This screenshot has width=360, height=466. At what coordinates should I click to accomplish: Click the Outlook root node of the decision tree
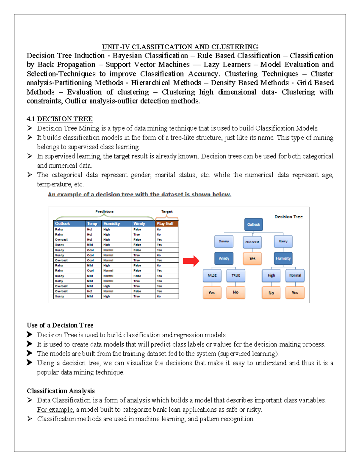(253, 224)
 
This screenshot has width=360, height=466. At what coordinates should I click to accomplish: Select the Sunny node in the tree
(224, 241)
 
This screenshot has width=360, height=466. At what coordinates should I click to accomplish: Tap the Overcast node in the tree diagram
(252, 242)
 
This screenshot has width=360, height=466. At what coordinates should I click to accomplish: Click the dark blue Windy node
(224, 258)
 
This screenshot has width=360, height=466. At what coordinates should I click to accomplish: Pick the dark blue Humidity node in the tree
(283, 258)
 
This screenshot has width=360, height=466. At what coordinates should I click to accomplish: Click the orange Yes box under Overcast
(252, 259)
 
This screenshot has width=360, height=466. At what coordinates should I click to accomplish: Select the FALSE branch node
(212, 275)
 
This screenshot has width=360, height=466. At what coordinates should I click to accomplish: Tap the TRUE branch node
(235, 275)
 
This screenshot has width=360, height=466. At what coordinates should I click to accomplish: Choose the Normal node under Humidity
(295, 275)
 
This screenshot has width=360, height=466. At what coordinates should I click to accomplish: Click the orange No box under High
(271, 293)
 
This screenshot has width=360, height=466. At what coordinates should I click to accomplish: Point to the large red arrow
(191, 261)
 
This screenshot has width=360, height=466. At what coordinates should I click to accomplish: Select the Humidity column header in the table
(116, 224)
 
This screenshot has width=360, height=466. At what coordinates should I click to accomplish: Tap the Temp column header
(93, 224)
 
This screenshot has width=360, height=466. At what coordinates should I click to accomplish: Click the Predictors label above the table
(104, 212)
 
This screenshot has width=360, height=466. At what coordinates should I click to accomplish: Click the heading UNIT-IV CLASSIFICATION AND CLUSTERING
(180, 47)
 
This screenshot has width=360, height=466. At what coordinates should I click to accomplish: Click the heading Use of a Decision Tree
(60, 325)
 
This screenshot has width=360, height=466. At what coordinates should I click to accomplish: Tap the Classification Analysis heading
(61, 391)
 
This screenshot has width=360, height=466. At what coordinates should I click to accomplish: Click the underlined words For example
(55, 410)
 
